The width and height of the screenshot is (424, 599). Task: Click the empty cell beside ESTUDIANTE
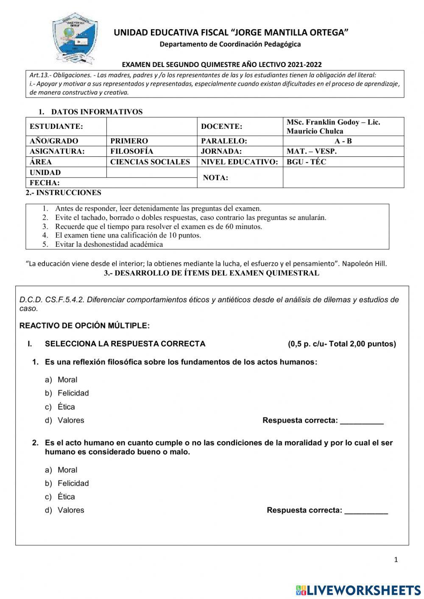click(152, 126)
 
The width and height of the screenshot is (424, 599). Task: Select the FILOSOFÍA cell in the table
click(132, 151)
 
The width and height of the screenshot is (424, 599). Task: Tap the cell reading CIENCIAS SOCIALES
click(150, 162)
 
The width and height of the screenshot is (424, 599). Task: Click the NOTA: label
click(215, 178)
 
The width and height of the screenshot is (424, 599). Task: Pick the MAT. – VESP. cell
click(312, 151)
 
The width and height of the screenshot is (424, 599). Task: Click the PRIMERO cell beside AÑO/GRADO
click(129, 141)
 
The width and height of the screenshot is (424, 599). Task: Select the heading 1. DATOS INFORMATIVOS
click(90, 112)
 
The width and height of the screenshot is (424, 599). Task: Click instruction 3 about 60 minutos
click(159, 226)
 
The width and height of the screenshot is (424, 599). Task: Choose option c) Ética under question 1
click(66, 407)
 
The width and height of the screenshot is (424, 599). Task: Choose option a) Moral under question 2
click(67, 470)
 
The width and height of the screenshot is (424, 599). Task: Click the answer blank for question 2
click(366, 511)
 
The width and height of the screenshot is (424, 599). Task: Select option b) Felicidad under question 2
click(73, 483)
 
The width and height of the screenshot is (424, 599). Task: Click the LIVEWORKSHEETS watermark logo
click(358, 590)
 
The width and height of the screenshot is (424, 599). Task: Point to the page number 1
click(396, 560)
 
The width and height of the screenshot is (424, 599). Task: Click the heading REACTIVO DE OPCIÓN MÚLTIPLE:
click(84, 326)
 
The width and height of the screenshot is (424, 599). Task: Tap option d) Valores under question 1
click(70, 421)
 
